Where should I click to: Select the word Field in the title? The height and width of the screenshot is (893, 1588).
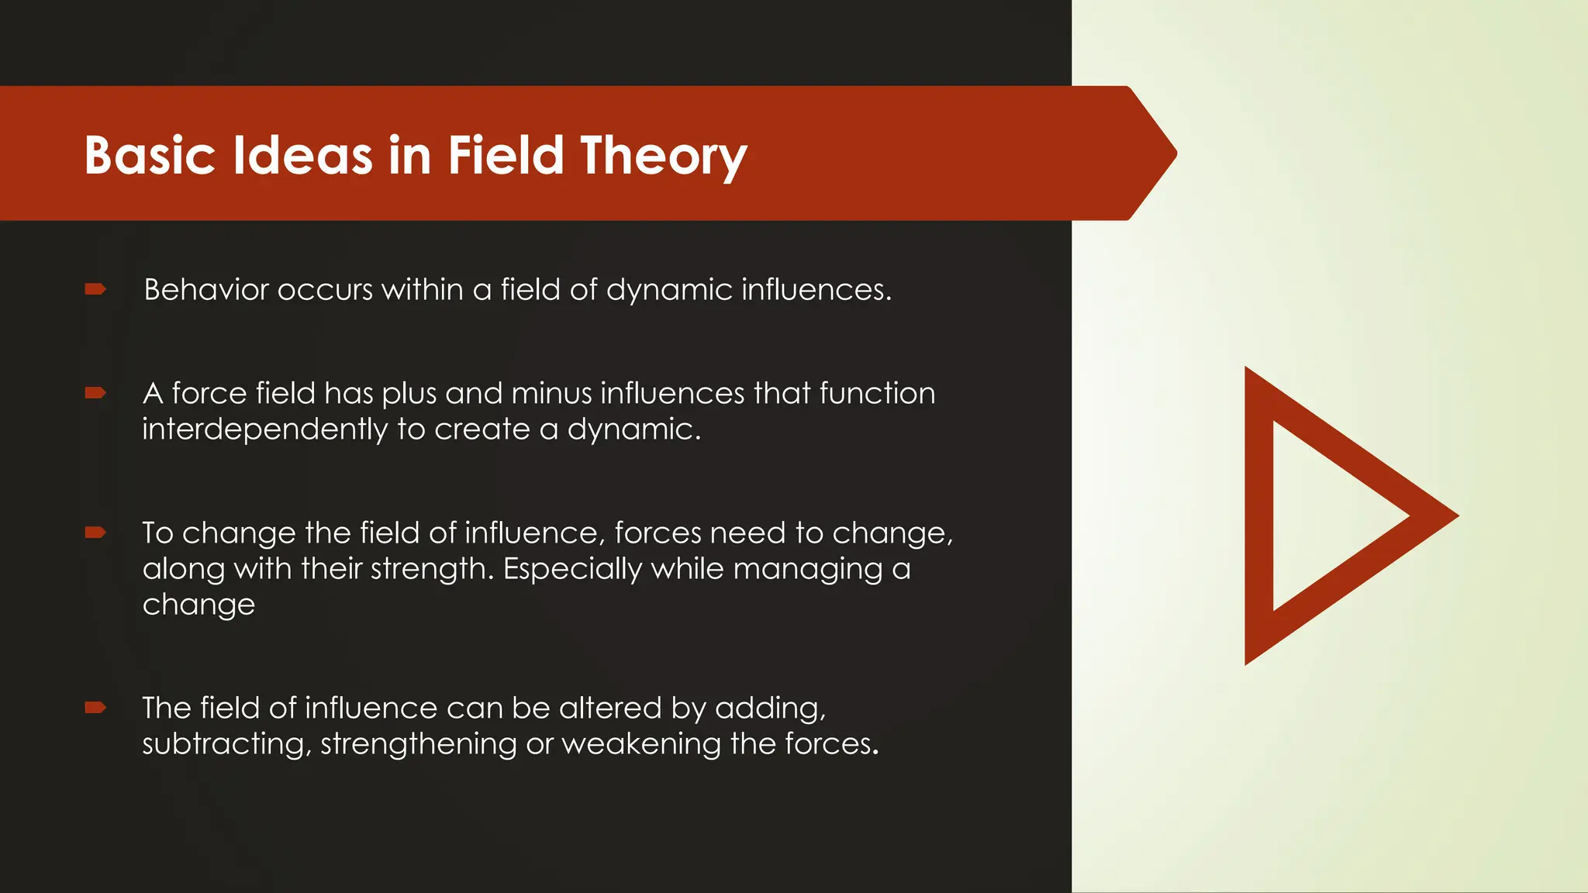tap(505, 156)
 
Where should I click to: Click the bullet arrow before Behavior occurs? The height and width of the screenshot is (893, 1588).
tap(95, 289)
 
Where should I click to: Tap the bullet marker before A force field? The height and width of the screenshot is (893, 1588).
tap(95, 393)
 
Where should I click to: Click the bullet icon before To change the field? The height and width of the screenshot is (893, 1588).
tap(95, 533)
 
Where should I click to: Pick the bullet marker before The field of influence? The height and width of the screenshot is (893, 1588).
tap(95, 707)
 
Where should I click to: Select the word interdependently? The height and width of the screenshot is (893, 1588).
tap(264, 429)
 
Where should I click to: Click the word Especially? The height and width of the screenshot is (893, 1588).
tap(572, 569)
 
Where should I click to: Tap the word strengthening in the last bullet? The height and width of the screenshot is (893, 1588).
tap(418, 744)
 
